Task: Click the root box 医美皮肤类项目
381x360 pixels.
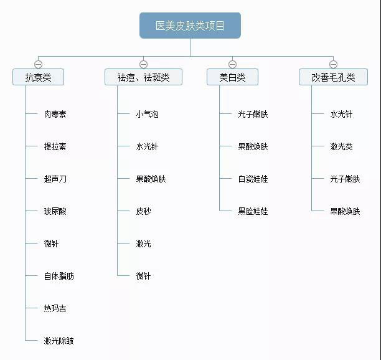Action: coord(190,26)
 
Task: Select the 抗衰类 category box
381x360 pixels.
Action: coord(38,77)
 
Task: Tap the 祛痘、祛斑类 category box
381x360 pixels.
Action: coord(143,77)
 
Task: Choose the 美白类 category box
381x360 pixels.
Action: coord(232,77)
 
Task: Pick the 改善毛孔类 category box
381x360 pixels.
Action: coord(333,77)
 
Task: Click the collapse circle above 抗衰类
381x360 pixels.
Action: coord(39,64)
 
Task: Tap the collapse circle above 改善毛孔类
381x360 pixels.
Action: coord(333,64)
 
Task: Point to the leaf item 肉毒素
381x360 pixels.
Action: coord(55,114)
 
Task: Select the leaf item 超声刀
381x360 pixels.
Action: coord(55,179)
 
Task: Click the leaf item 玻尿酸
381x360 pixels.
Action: coord(55,211)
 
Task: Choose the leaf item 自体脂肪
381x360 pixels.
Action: coord(59,276)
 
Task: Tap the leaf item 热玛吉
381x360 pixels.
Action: coord(55,308)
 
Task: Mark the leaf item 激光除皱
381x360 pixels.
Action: coord(59,341)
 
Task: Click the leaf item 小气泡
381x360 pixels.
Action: coord(147,114)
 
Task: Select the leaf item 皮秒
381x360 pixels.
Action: coord(143,211)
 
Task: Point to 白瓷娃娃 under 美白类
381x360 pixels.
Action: coord(253,179)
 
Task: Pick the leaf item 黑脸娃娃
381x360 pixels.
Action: coord(253,211)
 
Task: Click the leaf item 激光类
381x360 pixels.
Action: coord(341,146)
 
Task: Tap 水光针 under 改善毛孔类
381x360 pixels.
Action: coord(341,114)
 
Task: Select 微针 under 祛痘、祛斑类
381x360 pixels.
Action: coord(143,276)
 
